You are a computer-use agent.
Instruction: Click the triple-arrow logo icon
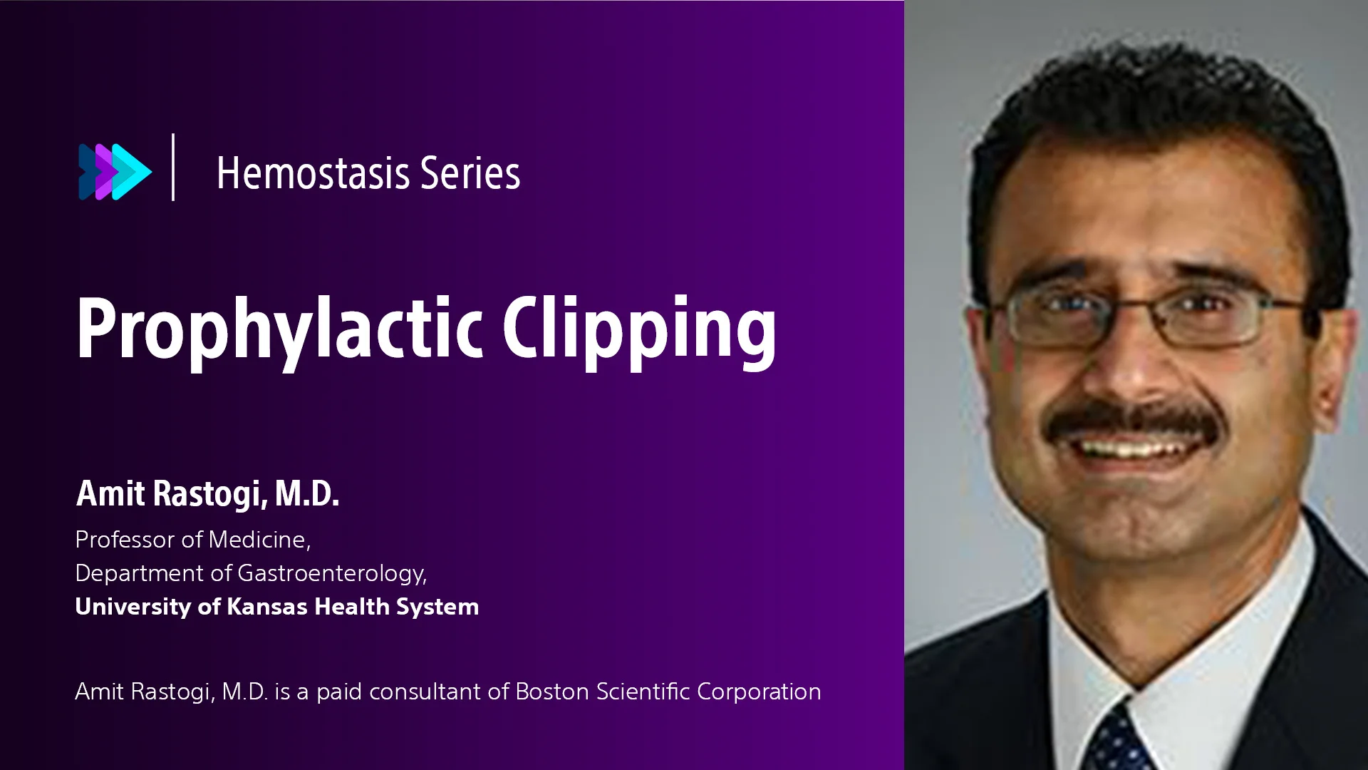click(115, 172)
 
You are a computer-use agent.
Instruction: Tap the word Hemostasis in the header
click(313, 173)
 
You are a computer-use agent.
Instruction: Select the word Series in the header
click(470, 173)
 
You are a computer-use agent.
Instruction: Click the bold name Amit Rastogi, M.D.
click(207, 493)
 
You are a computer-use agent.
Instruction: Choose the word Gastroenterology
click(332, 574)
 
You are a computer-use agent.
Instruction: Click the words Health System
click(397, 607)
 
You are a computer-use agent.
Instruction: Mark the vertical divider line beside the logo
click(173, 167)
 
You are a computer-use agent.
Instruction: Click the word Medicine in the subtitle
click(259, 540)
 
